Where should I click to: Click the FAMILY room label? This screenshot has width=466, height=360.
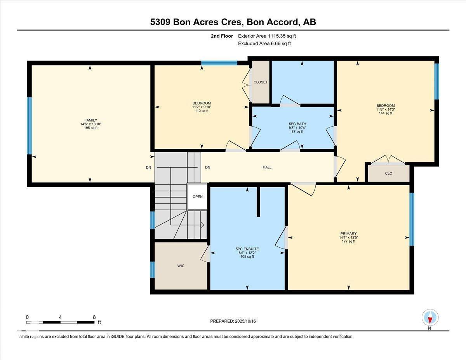(91, 120)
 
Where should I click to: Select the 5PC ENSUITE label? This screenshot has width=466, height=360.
(247, 249)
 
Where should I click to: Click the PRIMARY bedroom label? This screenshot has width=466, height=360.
(348, 234)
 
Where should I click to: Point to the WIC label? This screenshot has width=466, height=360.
(181, 266)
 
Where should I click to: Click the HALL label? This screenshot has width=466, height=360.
(267, 167)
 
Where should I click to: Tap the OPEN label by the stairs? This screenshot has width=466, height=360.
(198, 197)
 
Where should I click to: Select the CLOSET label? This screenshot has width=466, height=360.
(260, 82)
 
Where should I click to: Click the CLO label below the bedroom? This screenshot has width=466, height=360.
(388, 173)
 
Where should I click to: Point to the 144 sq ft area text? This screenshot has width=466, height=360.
(385, 113)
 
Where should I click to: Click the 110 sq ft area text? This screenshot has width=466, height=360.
(202, 111)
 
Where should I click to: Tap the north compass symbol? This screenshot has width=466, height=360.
(430, 318)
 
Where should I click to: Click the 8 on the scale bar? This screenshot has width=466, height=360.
(94, 317)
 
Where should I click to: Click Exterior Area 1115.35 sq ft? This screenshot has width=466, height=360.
(270, 36)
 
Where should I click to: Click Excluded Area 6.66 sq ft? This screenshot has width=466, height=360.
(264, 43)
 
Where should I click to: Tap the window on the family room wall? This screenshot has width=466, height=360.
(29, 126)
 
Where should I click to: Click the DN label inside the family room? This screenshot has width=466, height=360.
(148, 167)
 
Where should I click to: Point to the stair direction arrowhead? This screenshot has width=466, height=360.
(202, 224)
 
